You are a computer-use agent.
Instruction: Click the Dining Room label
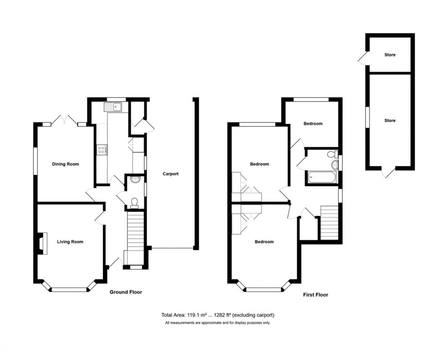click(x=66, y=164)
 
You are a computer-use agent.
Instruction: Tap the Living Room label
click(x=70, y=242)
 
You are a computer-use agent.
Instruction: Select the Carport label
click(x=171, y=174)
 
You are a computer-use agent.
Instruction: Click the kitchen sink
click(x=112, y=107)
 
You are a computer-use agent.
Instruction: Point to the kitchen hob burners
click(x=101, y=149)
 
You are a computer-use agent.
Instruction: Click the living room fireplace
click(x=41, y=243)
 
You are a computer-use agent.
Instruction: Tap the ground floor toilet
click(x=134, y=201)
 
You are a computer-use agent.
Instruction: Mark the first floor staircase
click(x=329, y=222)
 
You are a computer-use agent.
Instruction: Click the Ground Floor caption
click(x=126, y=292)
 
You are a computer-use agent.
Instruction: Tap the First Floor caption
click(x=315, y=295)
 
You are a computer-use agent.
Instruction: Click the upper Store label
click(x=389, y=55)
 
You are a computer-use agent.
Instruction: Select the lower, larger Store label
click(x=389, y=121)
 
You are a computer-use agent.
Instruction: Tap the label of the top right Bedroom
click(x=313, y=123)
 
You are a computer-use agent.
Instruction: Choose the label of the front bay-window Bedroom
click(x=264, y=242)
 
